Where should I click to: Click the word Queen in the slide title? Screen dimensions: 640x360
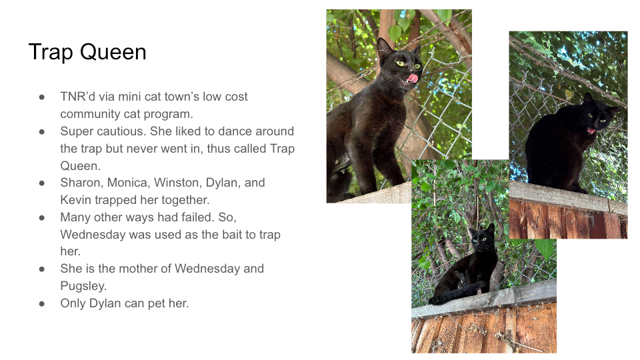click(x=113, y=52)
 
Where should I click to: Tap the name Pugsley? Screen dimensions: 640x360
click(x=83, y=286)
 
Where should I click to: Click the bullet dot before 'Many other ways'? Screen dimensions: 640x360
click(x=41, y=217)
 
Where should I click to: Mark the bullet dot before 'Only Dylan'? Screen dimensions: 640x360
click(x=41, y=304)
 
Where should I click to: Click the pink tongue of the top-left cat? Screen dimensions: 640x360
click(x=413, y=79)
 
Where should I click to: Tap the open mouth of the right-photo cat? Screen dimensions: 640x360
click(x=591, y=131)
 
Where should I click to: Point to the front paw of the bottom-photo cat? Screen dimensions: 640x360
click(x=435, y=301)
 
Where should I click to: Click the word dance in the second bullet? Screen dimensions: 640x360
click(x=237, y=131)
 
